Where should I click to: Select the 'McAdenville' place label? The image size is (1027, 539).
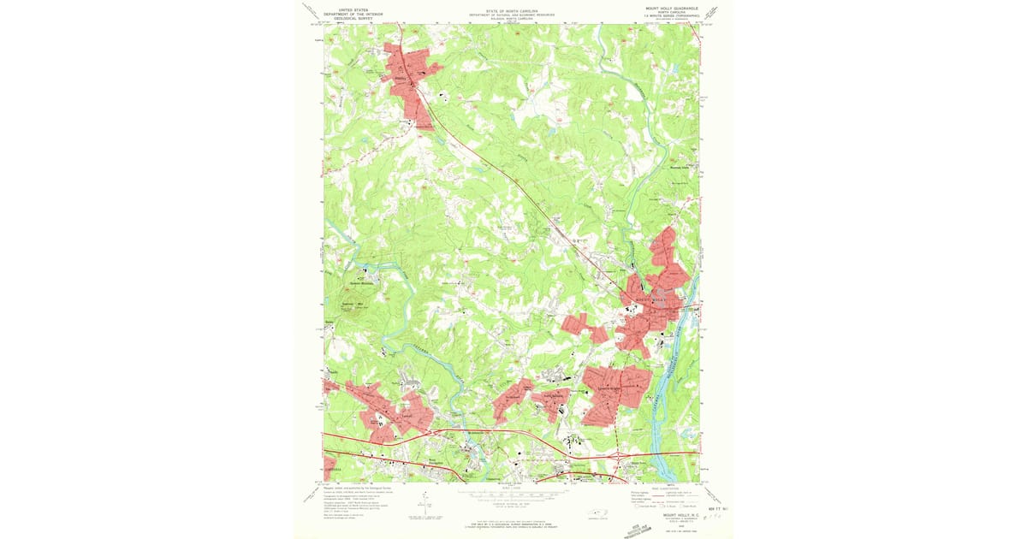[458, 433]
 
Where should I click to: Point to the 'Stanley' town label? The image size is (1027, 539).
[399, 72]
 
